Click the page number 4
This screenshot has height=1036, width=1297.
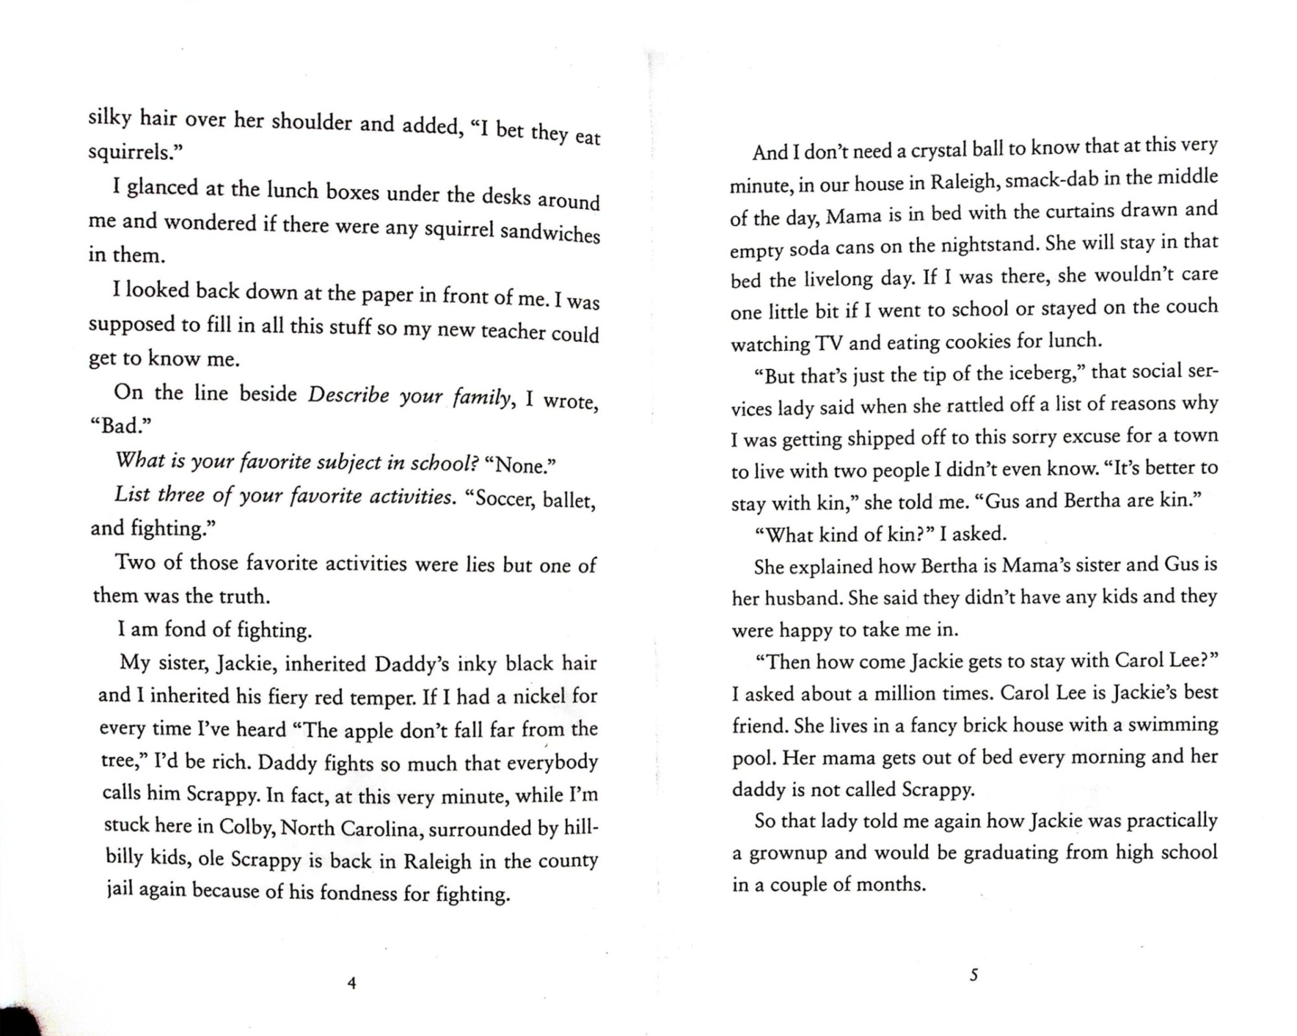tap(351, 983)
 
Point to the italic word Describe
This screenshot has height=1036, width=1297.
tap(348, 395)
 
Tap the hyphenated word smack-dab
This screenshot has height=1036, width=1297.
tap(1047, 180)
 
